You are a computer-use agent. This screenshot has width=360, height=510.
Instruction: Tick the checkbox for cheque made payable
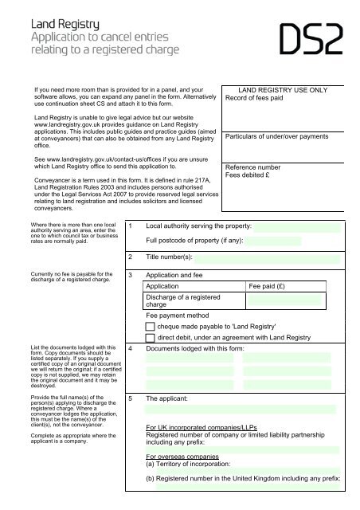[151, 326]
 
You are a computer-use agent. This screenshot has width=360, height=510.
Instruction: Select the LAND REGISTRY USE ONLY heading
[284, 90]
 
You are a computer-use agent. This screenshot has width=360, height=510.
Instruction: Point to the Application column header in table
[162, 285]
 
